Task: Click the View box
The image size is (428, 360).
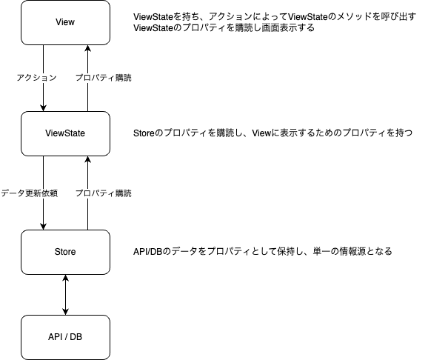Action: coord(66,22)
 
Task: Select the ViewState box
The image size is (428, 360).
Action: coord(66,133)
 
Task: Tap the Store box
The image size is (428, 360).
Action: coord(66,252)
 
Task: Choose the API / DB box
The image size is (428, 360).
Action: coord(66,337)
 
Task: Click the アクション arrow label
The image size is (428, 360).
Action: coord(36,78)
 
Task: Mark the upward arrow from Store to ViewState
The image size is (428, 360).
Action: coord(88,178)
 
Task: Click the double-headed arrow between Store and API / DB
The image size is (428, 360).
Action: coord(67,295)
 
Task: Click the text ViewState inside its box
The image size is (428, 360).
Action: coord(66,133)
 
